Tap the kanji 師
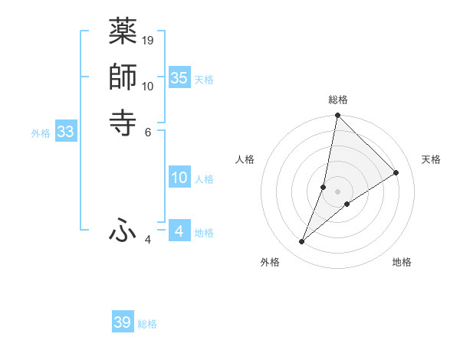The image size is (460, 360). click(123, 77)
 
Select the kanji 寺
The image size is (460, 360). click(123, 121)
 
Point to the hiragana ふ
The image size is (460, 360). click(123, 229)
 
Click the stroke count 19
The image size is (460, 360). click(149, 40)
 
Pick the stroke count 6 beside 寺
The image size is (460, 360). click(147, 131)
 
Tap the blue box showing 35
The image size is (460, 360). click(179, 77)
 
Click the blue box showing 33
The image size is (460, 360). click(65, 132)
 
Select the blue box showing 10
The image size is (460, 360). click(179, 178)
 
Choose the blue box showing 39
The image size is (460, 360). click(122, 322)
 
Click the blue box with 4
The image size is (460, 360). click(179, 231)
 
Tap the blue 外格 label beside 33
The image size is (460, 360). click(41, 133)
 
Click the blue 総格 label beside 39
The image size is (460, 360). click(148, 324)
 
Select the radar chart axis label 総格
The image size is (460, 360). click(337, 100)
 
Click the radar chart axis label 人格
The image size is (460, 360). click(245, 159)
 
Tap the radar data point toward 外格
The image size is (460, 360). click(301, 242)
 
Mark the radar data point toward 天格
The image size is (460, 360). click(396, 172)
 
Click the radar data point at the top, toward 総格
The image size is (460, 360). click(337, 116)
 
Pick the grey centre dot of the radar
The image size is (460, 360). click(337, 191)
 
